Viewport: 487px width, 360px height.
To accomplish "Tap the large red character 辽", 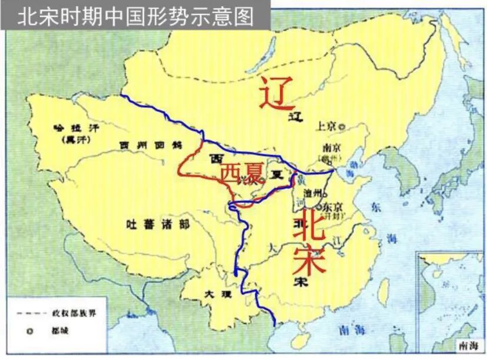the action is click(x=276, y=92).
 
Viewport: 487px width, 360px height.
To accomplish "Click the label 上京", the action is click(x=326, y=125).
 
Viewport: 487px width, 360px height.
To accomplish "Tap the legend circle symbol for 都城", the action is click(x=29, y=331).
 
